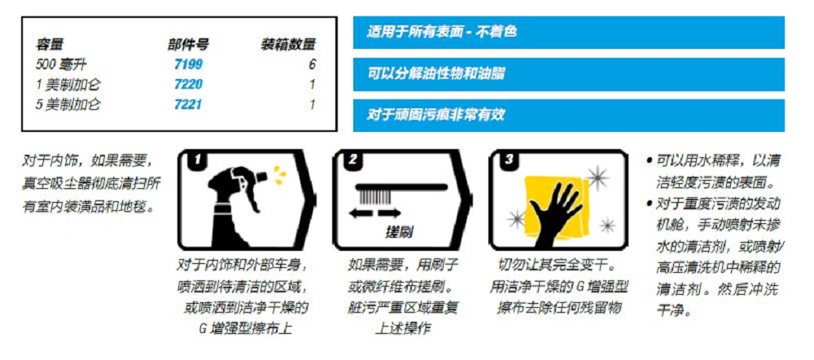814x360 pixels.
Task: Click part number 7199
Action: point(189,64)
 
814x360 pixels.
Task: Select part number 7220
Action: point(189,85)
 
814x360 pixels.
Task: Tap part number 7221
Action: point(189,105)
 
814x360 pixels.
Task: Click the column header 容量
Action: point(50,45)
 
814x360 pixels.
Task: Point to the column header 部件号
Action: point(188,45)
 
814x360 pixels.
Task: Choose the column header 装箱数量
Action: point(287,45)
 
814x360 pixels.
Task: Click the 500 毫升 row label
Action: point(61,64)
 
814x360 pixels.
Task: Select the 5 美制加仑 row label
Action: point(68,105)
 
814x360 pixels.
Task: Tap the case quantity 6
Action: point(312,64)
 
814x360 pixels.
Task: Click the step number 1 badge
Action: point(197,160)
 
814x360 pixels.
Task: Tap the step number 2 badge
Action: point(352,160)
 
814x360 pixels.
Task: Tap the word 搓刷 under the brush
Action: point(399,230)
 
